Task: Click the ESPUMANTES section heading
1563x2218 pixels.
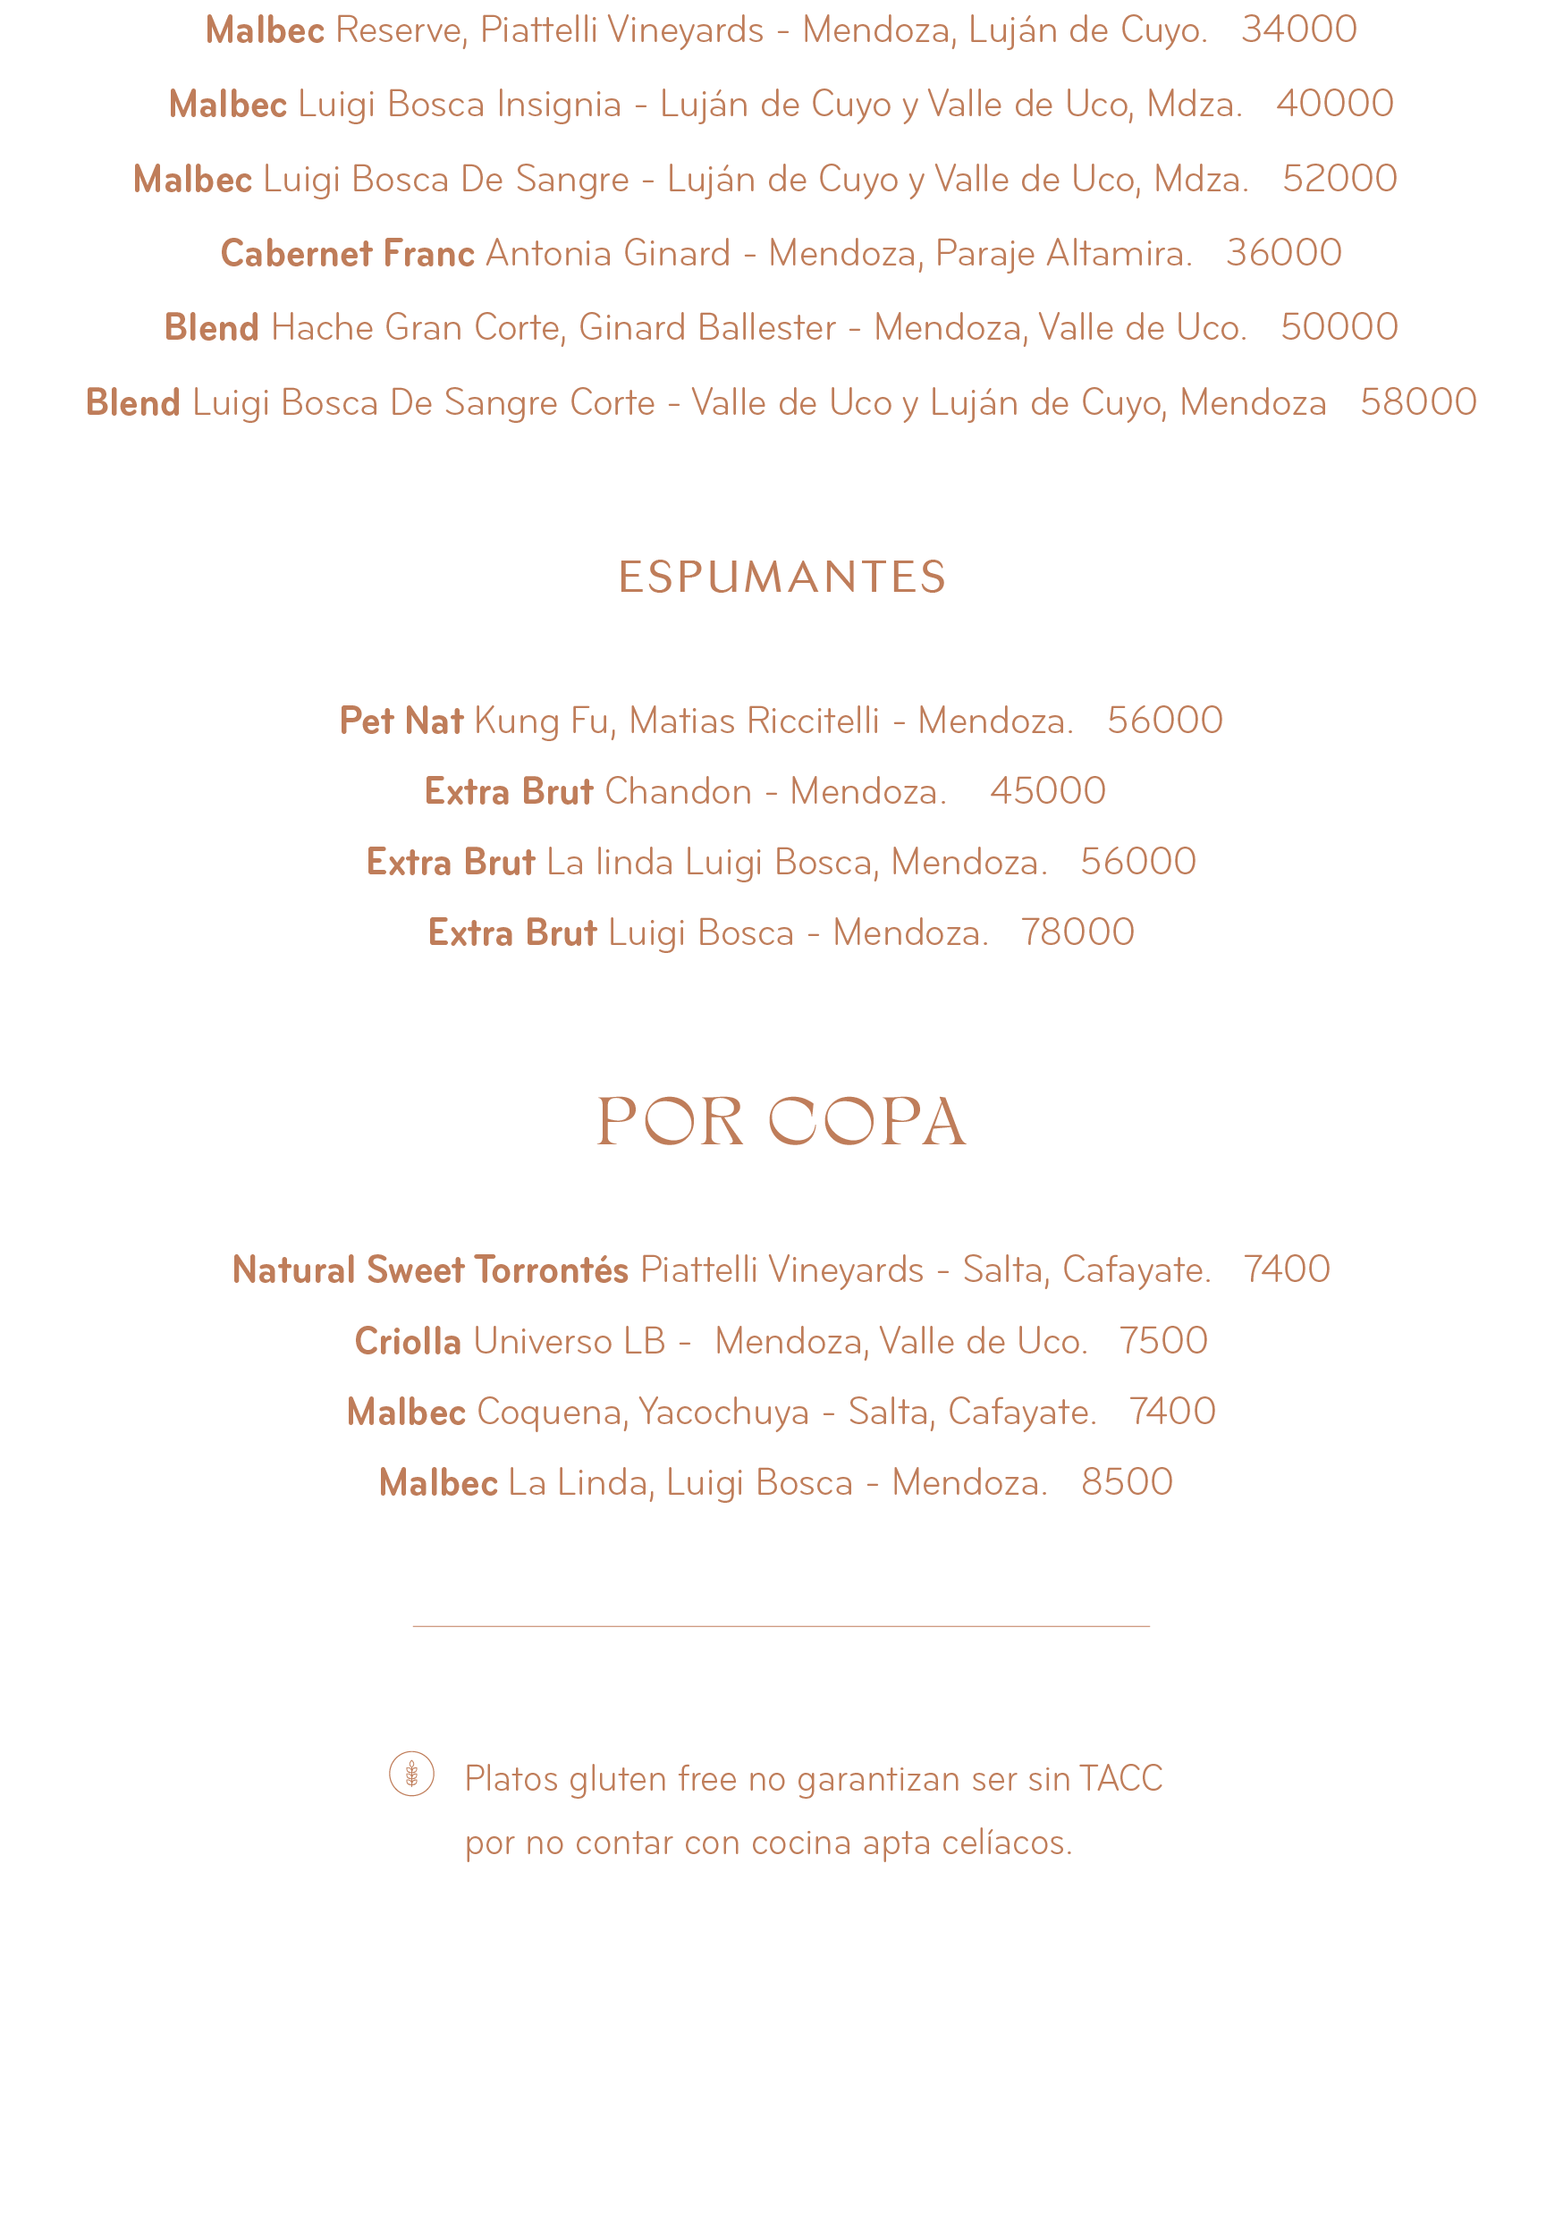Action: [781, 577]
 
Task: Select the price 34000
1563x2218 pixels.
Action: [1298, 30]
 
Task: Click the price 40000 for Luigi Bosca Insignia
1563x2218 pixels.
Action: [1334, 104]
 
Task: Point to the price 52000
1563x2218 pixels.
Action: [1339, 179]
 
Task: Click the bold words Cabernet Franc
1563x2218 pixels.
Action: [347, 253]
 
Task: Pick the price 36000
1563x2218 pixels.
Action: [1283, 253]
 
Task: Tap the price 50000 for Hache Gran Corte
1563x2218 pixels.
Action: [1339, 327]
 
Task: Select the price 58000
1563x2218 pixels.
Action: [1418, 402]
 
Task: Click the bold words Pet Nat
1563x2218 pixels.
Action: [401, 721]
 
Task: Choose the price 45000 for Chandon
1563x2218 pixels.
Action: [1047, 791]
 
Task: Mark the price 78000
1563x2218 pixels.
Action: [1077, 932]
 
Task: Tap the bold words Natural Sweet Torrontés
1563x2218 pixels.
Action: [430, 1269]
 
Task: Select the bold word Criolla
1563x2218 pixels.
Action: [407, 1341]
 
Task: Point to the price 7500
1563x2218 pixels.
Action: [1163, 1341]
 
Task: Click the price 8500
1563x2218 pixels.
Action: [1127, 1482]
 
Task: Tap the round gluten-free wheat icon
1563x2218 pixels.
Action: [411, 1774]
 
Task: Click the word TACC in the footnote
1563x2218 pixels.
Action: [1120, 1778]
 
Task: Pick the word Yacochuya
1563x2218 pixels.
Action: [723, 1413]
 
